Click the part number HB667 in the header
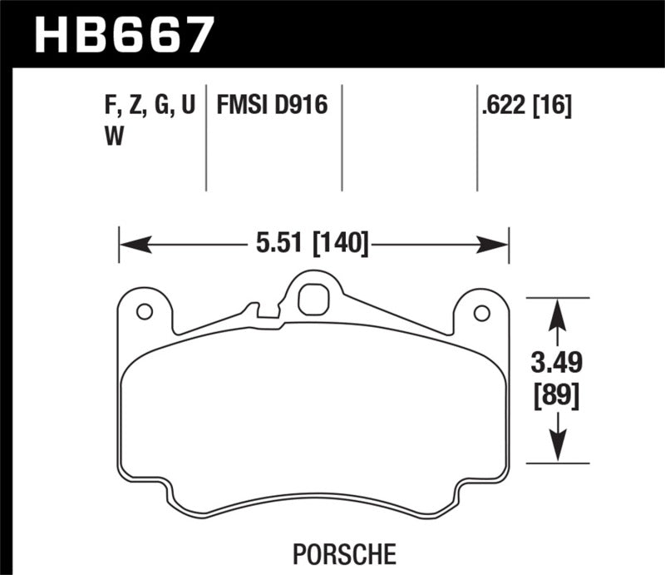[x=122, y=35]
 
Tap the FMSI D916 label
[x=273, y=107]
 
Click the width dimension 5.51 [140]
[x=314, y=245]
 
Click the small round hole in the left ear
[x=144, y=312]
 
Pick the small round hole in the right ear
[x=480, y=313]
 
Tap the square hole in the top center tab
[x=312, y=300]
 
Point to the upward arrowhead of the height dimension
[x=557, y=313]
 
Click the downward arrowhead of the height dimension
[x=557, y=448]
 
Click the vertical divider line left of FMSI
[x=206, y=137]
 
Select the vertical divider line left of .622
[x=477, y=137]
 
